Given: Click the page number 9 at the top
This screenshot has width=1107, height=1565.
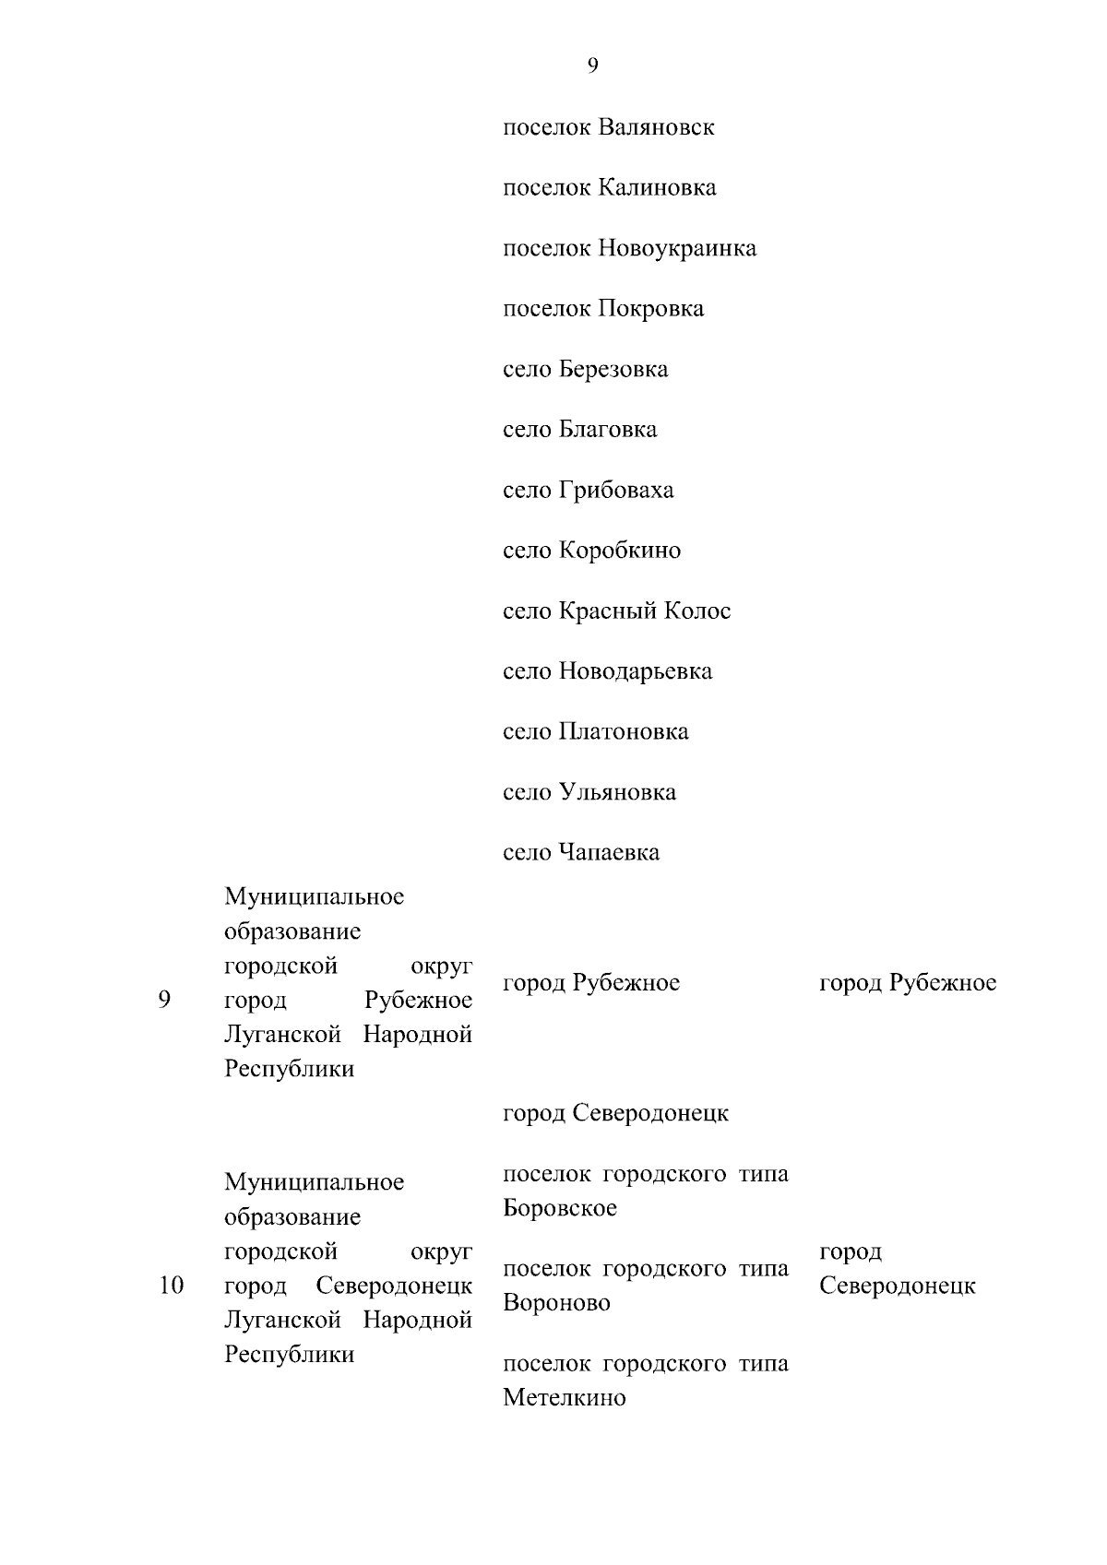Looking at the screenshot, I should click(592, 65).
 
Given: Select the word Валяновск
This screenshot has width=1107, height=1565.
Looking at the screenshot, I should click(656, 127).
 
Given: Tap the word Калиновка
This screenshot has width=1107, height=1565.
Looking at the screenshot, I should click(657, 188).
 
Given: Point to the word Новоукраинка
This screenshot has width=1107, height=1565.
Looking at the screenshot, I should click(677, 249).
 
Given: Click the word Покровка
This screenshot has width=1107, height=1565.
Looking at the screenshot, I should click(650, 309).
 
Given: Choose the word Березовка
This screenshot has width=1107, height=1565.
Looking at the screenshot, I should click(613, 370).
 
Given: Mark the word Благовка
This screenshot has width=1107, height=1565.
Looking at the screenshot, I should click(608, 430).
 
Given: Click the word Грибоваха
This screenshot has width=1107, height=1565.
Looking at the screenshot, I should click(616, 491).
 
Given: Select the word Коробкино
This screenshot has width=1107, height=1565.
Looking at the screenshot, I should click(620, 551).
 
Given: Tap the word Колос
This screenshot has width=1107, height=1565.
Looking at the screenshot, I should click(700, 611).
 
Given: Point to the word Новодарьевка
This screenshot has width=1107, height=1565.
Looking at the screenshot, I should click(636, 671).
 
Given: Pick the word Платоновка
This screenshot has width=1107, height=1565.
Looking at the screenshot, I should click(624, 732).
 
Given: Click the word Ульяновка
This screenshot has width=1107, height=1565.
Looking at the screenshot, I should click(617, 792).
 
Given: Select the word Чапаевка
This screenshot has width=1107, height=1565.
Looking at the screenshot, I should click(609, 853).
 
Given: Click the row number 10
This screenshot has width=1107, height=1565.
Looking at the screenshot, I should click(171, 1286).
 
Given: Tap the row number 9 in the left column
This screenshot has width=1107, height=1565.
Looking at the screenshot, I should click(164, 1001).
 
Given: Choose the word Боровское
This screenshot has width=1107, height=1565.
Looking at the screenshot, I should click(560, 1209).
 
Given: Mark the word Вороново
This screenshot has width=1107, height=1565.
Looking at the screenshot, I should click(556, 1304).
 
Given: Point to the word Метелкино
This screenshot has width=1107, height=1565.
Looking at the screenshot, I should click(565, 1398).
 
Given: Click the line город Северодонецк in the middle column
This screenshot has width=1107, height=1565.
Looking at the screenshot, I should click(615, 1114).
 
